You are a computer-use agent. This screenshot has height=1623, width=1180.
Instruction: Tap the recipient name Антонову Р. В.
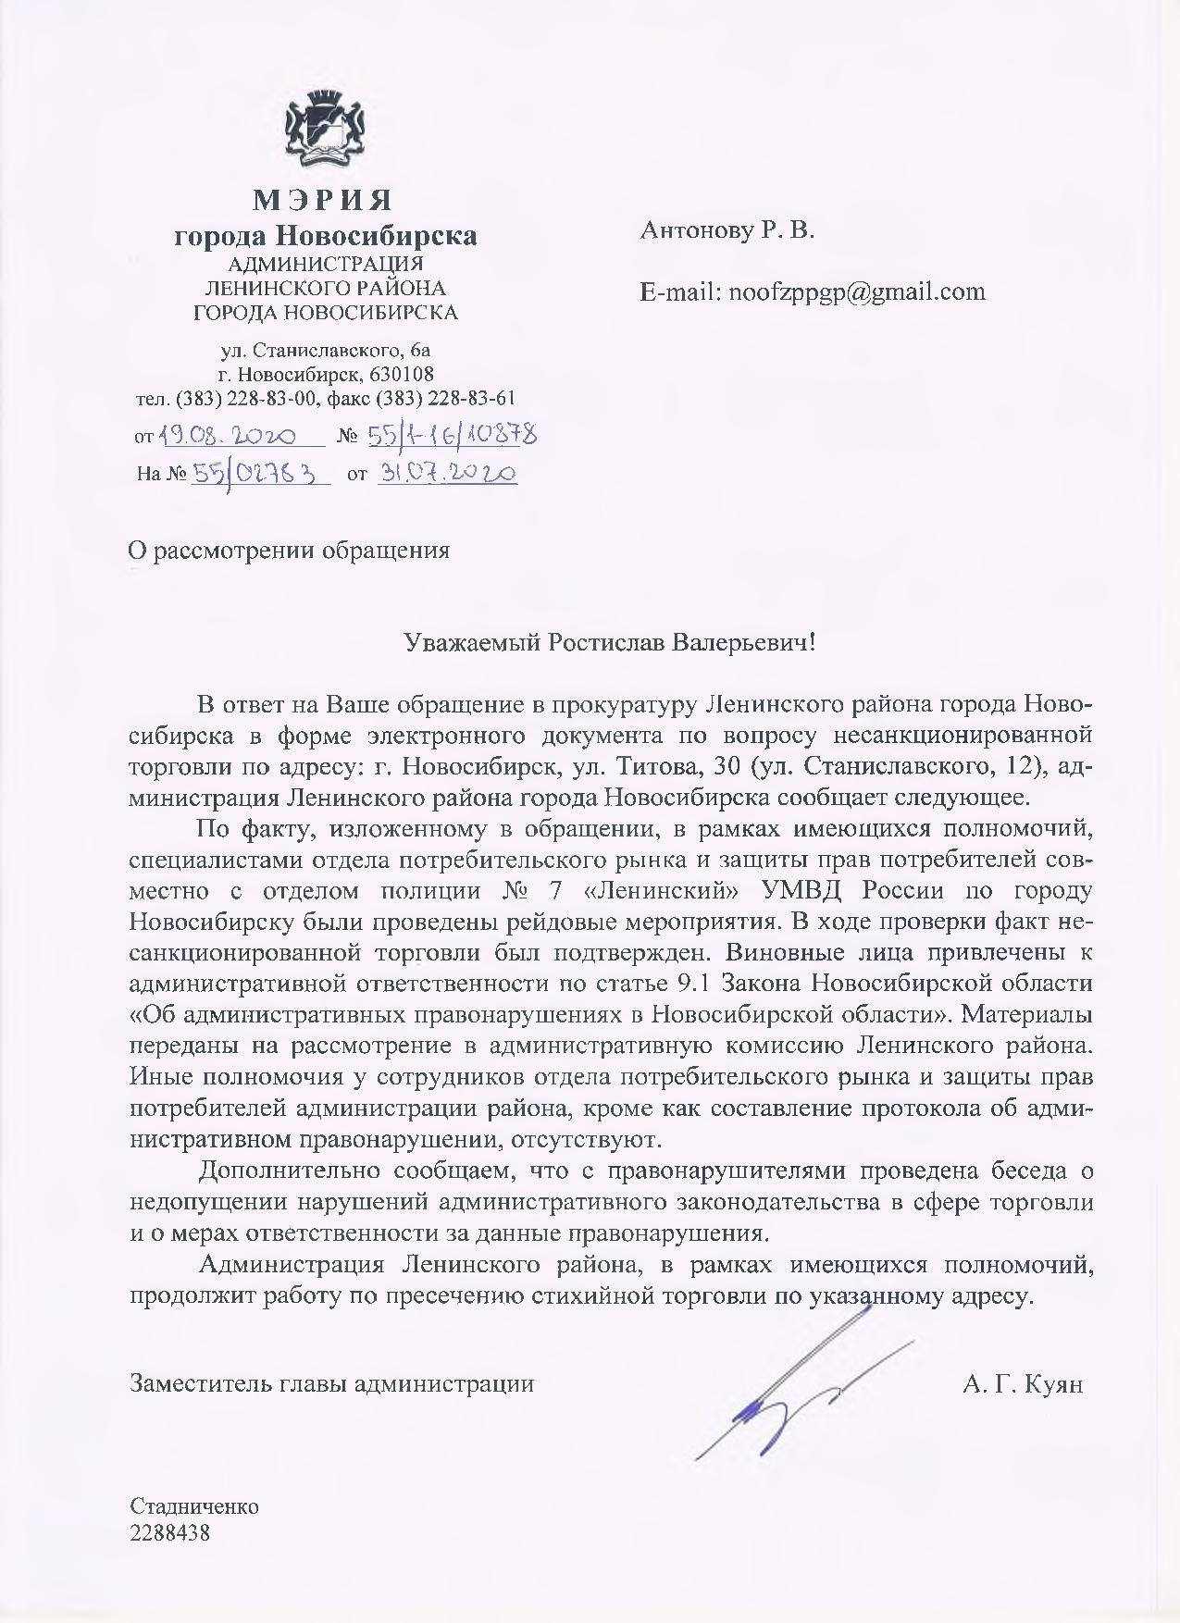point(727,230)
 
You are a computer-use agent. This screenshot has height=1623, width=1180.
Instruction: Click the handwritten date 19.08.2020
point(228,436)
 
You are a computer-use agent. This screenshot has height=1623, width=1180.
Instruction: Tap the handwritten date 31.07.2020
point(447,473)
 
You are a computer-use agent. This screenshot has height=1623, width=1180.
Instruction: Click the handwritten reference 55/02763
point(260,474)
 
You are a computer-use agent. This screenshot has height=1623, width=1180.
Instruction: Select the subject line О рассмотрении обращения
point(289,551)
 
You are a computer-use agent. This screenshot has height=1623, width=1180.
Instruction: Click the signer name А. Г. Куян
point(1022,1384)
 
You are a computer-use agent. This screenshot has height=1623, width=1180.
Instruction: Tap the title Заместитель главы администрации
point(332,1384)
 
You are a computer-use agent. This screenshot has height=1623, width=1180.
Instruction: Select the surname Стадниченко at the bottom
point(195,1505)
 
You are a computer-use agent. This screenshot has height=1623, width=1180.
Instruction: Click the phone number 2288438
point(171,1532)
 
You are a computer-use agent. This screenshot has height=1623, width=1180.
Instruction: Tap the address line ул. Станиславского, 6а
point(325,351)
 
